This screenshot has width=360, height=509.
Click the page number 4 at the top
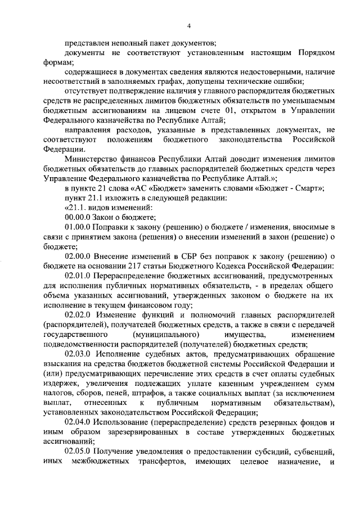pos(189,25)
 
